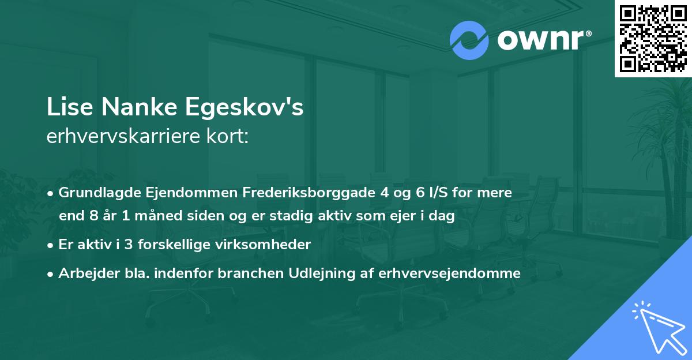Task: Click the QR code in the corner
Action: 653,39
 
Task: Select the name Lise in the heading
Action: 66,108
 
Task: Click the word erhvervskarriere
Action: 127,137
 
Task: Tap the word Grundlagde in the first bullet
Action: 96,193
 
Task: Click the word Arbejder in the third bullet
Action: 84,273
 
